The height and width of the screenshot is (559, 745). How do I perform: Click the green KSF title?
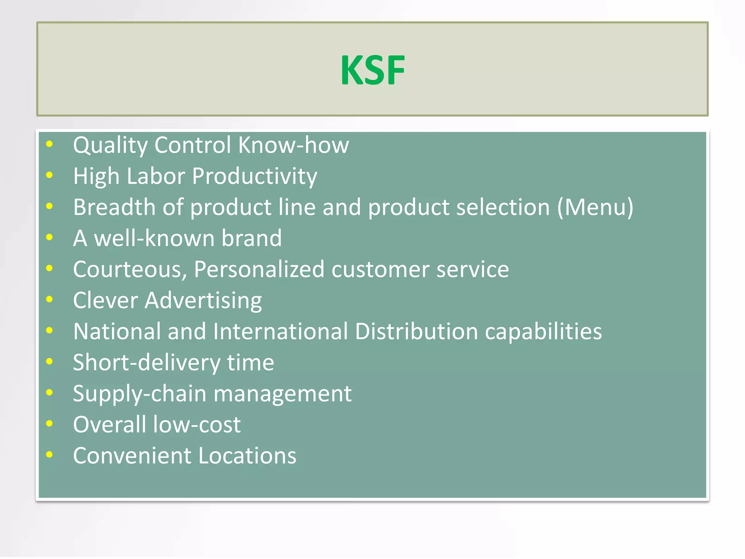click(372, 70)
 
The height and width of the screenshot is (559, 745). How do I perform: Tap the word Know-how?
click(293, 145)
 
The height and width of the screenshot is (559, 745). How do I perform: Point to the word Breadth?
click(114, 207)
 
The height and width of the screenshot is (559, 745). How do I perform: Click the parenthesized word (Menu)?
click(595, 207)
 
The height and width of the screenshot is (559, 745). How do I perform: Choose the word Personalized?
click(259, 270)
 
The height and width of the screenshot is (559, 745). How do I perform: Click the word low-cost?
click(196, 425)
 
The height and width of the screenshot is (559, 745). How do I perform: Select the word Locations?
click(247, 456)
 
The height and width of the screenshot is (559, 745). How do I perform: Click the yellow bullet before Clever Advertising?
click(49, 300)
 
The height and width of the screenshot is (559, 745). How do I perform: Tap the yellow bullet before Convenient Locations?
click(49, 455)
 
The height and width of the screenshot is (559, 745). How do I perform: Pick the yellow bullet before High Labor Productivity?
click(49, 175)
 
